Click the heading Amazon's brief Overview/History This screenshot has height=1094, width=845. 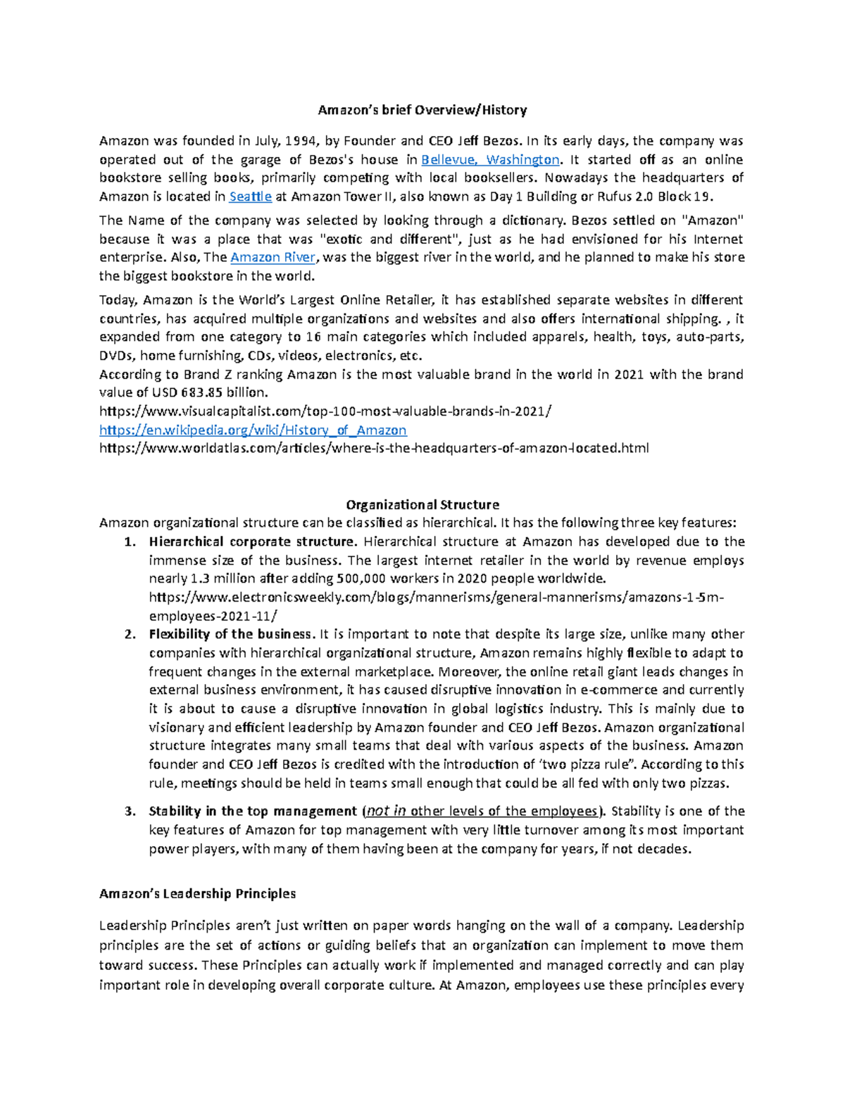pyautogui.click(x=422, y=110)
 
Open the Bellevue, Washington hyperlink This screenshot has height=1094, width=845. pyautogui.click(x=490, y=159)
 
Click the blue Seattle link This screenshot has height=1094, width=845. pyautogui.click(x=251, y=197)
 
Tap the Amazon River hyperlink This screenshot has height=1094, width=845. pyautogui.click(x=273, y=257)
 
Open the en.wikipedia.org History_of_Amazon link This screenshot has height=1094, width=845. pyautogui.click(x=253, y=430)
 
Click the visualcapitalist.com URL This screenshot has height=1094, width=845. pyautogui.click(x=325, y=411)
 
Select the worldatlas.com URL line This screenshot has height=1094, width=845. pyautogui.click(x=374, y=447)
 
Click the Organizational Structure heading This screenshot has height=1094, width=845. pyautogui.click(x=423, y=504)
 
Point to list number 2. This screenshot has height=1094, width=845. pyautogui.click(x=129, y=634)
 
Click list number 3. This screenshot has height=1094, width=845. pyautogui.click(x=129, y=811)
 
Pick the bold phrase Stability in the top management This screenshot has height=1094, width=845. pyautogui.click(x=253, y=811)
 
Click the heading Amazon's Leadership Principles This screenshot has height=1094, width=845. pyautogui.click(x=197, y=893)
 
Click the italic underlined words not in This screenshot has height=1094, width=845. pyautogui.click(x=386, y=811)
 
